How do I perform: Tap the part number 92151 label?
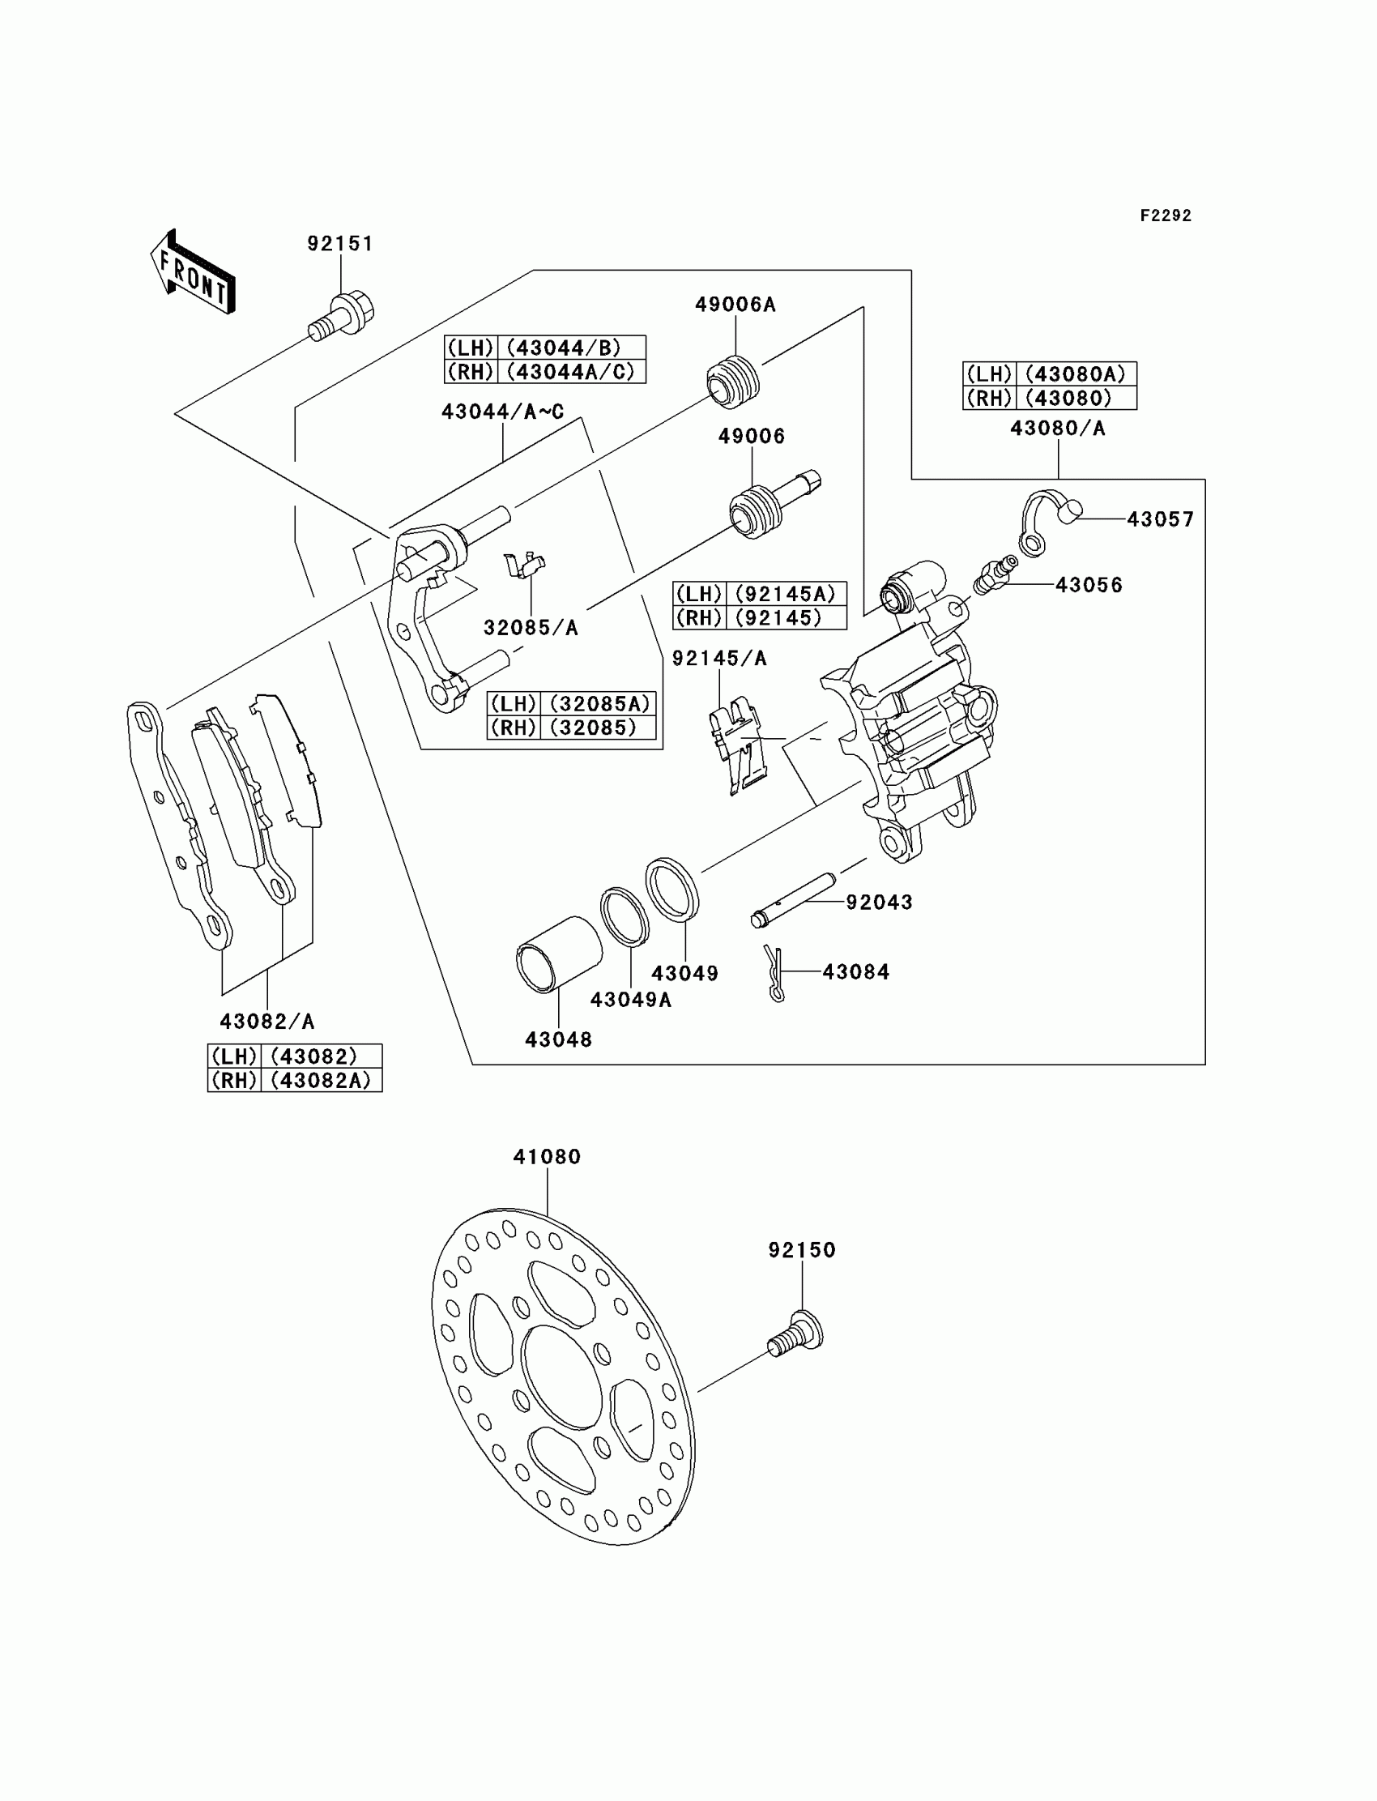pos(340,244)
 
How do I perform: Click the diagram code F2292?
pos(1166,216)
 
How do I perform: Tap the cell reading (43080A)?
pos(1076,373)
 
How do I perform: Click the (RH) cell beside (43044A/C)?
pos(471,371)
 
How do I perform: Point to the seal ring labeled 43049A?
pos(625,915)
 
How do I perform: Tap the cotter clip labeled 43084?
pos(774,973)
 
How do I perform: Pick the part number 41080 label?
pos(547,1157)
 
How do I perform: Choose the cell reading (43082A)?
pos(321,1081)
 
